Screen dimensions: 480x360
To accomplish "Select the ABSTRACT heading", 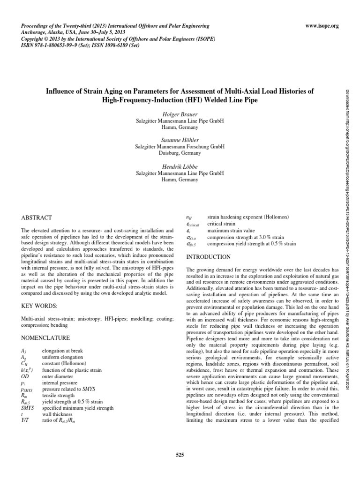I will coord(37,218).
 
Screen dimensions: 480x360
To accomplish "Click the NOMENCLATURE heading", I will coord(46,337).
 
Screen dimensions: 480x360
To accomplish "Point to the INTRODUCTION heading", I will coord(209,257).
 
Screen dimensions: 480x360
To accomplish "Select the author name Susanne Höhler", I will coord(180,140).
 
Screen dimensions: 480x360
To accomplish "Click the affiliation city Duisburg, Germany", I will coord(180,153).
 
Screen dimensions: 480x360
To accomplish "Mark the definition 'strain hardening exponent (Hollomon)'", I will coord(248,217).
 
